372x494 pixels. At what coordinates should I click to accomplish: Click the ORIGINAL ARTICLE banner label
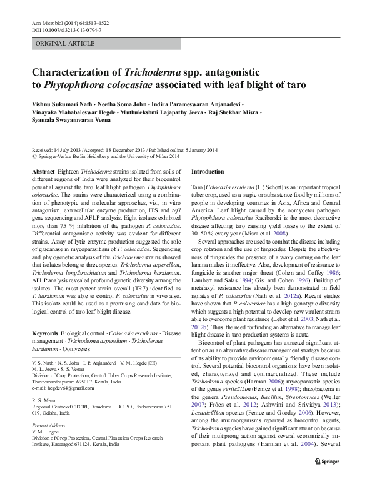tap(61, 44)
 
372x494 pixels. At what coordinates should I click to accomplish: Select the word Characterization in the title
tap(81, 73)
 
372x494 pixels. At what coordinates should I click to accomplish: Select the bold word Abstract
tap(43, 170)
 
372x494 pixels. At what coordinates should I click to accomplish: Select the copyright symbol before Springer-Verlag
tap(34, 157)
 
